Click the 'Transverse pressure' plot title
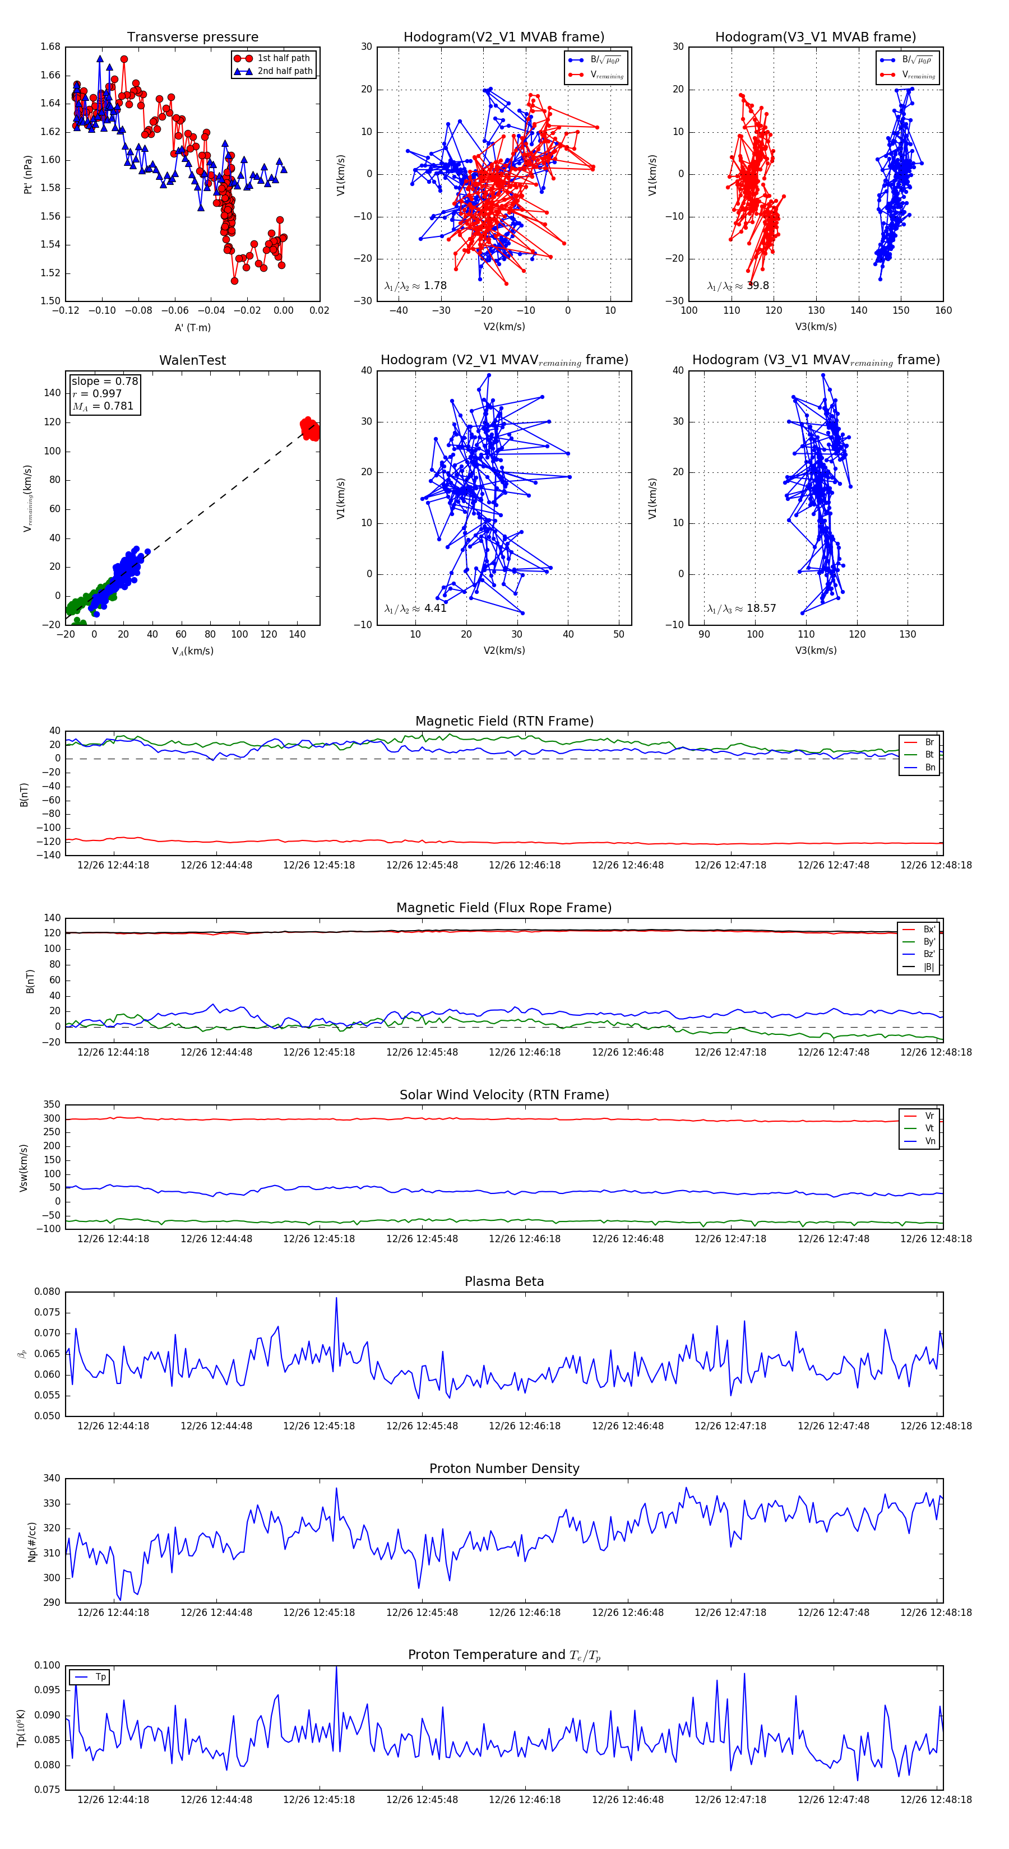pyautogui.click(x=192, y=38)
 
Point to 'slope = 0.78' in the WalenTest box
pyautogui.click(x=104, y=381)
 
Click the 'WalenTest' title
pyautogui.click(x=192, y=360)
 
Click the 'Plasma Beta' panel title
pyautogui.click(x=504, y=1282)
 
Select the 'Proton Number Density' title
pyautogui.click(x=504, y=1469)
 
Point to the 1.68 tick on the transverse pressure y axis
pyautogui.click(x=50, y=48)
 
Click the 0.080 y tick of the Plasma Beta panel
pyautogui.click(x=48, y=1292)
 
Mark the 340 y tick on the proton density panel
pyautogui.click(x=52, y=1479)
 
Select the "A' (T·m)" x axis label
pyautogui.click(x=192, y=328)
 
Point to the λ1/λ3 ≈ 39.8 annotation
pyautogui.click(x=738, y=286)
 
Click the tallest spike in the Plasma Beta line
pyautogui.click(x=336, y=1298)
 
